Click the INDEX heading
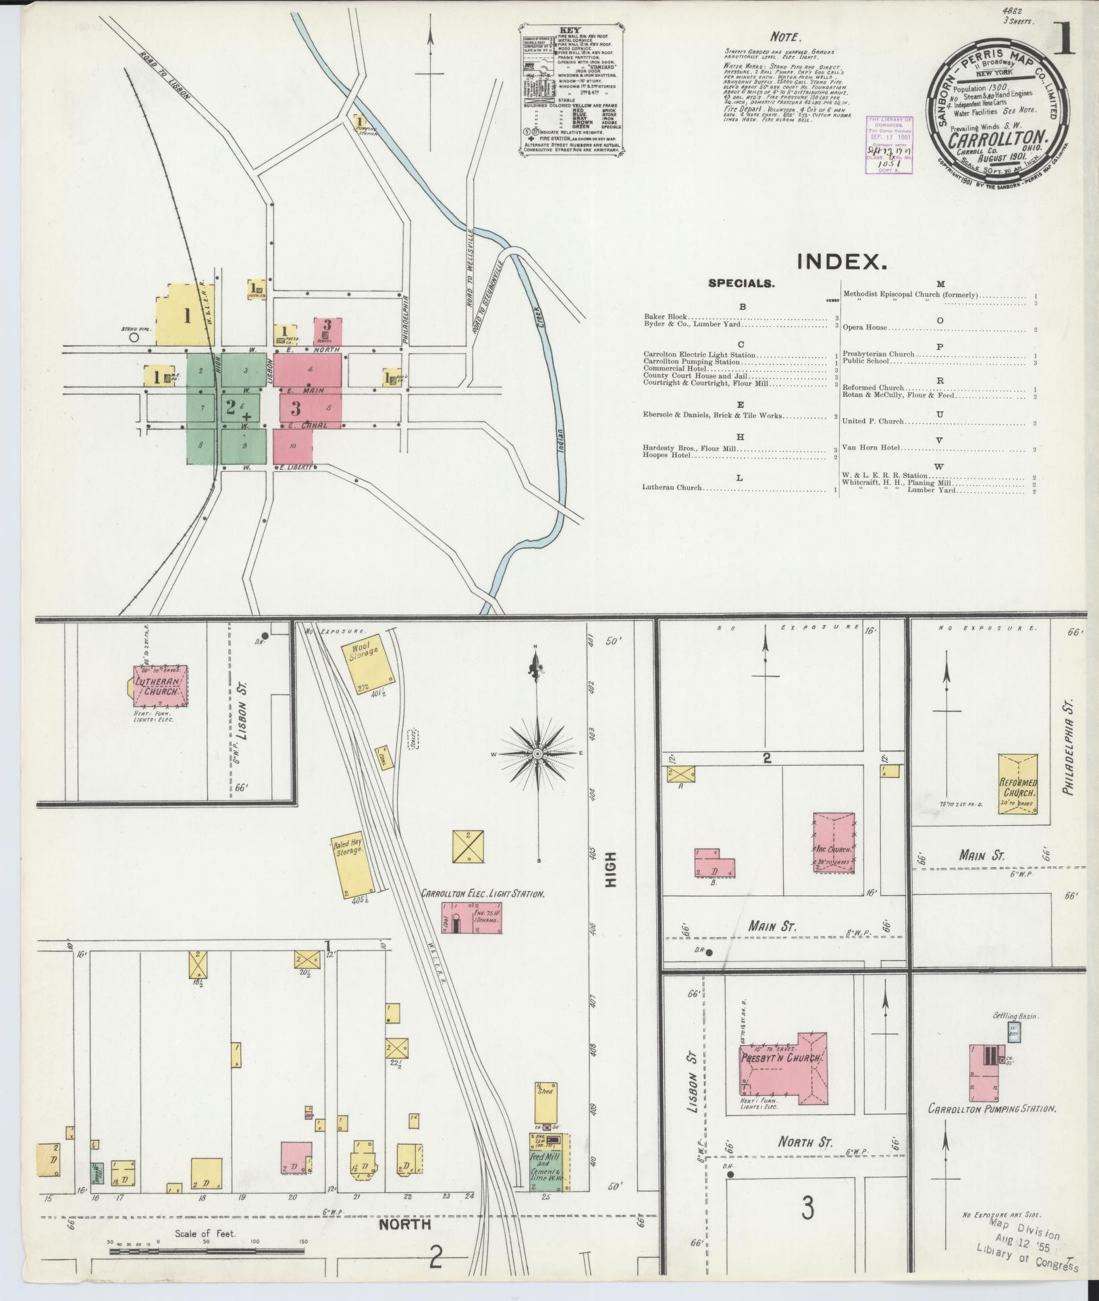click(x=840, y=263)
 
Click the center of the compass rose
click(x=537, y=753)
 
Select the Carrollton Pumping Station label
click(x=991, y=1109)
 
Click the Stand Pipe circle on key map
click(x=134, y=336)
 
